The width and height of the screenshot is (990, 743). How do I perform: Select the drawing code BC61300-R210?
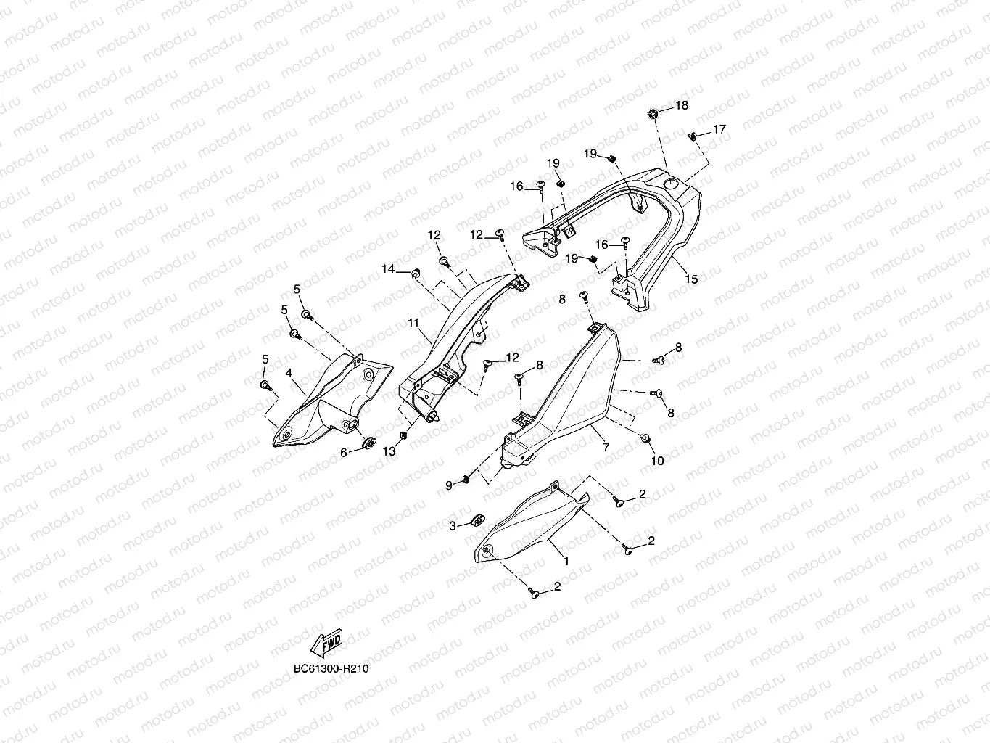click(331, 668)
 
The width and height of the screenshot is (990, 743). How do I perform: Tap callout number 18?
click(682, 106)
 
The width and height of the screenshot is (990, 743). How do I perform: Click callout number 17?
click(719, 130)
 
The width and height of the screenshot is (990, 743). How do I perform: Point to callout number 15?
click(691, 279)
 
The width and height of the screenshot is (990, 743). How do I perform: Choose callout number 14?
click(389, 269)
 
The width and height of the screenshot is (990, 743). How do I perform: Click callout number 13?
click(389, 451)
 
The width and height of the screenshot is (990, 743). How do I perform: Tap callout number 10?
click(658, 461)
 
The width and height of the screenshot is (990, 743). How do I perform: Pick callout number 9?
click(449, 485)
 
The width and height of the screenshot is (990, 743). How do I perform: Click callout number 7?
click(606, 448)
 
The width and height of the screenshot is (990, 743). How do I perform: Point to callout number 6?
click(344, 451)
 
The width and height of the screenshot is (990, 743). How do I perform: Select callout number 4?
click(289, 373)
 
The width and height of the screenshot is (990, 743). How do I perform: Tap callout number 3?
click(452, 525)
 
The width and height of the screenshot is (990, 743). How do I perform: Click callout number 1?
click(566, 561)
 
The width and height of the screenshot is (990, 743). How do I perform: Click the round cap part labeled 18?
click(653, 113)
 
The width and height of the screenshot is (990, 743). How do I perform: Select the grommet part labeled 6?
click(368, 443)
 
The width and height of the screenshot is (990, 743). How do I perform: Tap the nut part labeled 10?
click(645, 439)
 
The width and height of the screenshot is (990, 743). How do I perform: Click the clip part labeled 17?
click(692, 136)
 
